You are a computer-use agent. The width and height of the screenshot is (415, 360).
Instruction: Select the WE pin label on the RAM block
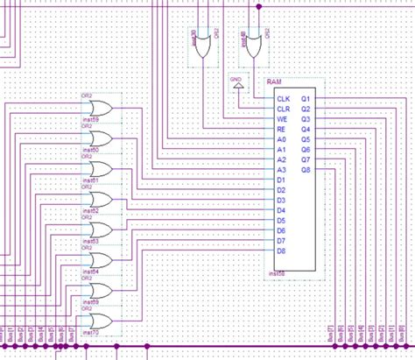coord(281,118)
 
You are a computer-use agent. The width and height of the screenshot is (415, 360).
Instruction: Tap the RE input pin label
coord(281,129)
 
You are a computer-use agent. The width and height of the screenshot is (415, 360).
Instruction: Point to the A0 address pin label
coord(281,139)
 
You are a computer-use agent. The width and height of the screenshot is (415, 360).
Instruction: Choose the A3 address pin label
coord(281,169)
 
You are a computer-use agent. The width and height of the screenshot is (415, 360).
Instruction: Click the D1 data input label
coord(281,180)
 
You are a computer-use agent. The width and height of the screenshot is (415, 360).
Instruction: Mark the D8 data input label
coord(281,251)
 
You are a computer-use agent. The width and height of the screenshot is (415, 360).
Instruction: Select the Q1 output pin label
coord(305,98)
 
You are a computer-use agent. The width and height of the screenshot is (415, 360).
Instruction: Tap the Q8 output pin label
coord(305,170)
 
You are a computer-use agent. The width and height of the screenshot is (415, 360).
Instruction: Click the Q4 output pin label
coord(305,129)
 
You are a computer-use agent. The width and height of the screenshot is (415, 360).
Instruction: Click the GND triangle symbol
coord(236,88)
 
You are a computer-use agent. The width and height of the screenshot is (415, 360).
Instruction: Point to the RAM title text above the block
coord(273,80)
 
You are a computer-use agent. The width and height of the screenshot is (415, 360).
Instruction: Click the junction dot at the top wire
coord(258,5)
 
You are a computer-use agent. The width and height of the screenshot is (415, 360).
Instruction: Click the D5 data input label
coord(281,221)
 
